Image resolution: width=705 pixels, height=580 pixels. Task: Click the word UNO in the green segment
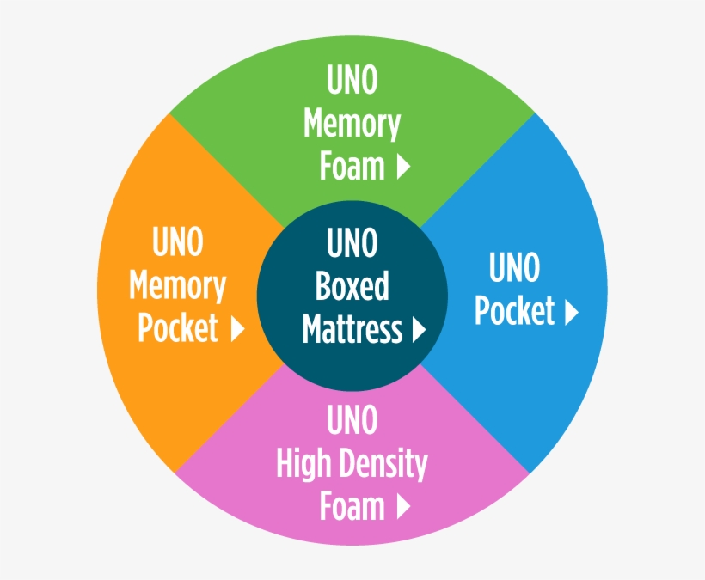pyautogui.click(x=352, y=82)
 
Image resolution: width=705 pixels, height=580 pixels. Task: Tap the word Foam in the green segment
pyautogui.click(x=352, y=166)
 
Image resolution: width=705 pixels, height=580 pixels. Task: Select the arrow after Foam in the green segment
pyautogui.click(x=403, y=167)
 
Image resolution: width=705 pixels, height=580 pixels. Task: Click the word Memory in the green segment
pyautogui.click(x=352, y=125)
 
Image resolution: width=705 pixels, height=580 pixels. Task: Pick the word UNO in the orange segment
pyautogui.click(x=178, y=243)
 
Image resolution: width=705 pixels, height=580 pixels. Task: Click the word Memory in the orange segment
pyautogui.click(x=178, y=286)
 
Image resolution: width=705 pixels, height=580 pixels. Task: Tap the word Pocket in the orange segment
pyautogui.click(x=178, y=327)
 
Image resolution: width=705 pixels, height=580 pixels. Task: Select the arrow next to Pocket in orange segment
pyautogui.click(x=238, y=328)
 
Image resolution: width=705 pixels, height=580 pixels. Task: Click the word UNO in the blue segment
pyautogui.click(x=514, y=268)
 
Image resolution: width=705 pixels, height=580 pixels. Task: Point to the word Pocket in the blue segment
pyautogui.click(x=514, y=311)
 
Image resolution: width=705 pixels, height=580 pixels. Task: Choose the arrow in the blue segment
pyautogui.click(x=571, y=312)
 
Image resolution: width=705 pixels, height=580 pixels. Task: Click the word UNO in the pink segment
pyautogui.click(x=352, y=422)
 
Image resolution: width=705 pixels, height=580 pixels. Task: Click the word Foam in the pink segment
pyautogui.click(x=352, y=506)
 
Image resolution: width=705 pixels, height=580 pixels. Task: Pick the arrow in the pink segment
pyautogui.click(x=403, y=507)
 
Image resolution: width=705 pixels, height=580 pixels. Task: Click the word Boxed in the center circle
pyautogui.click(x=352, y=286)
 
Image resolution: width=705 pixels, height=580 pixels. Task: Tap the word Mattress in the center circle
pyautogui.click(x=352, y=328)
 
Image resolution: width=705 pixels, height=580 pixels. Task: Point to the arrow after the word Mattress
pyautogui.click(x=419, y=329)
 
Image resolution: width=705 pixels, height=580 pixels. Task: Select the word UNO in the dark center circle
pyautogui.click(x=352, y=244)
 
